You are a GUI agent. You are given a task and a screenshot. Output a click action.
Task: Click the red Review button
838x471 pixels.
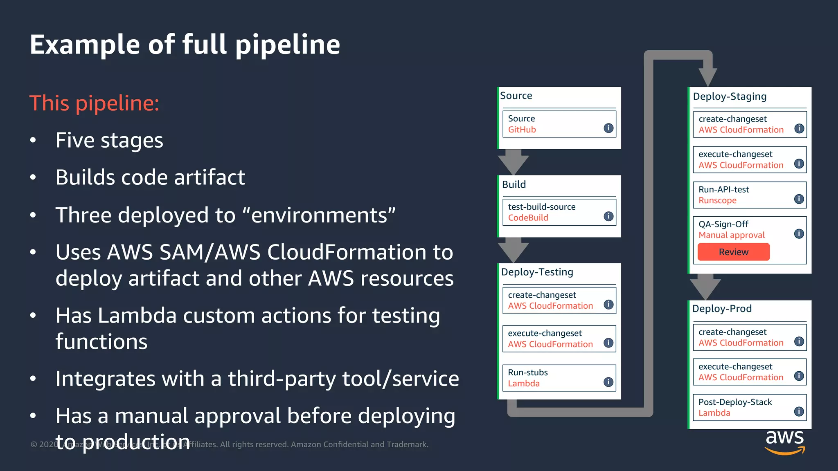click(733, 252)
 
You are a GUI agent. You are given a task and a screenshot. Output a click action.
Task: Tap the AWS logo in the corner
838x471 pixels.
click(784, 442)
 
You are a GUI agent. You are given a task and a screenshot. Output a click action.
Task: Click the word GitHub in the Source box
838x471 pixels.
click(522, 130)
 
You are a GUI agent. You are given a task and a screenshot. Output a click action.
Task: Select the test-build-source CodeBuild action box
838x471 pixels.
click(559, 212)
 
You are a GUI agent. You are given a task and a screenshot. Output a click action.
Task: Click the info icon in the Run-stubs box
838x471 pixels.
click(608, 382)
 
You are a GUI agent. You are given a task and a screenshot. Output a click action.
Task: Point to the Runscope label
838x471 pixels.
click(717, 200)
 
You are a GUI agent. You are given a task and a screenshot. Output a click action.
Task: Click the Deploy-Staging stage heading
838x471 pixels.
click(730, 96)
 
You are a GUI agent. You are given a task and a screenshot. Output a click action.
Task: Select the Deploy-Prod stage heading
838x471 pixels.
click(722, 309)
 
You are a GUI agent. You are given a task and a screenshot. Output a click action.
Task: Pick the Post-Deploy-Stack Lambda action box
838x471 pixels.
click(749, 407)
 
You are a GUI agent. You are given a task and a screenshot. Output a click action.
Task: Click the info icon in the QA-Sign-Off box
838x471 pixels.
click(799, 234)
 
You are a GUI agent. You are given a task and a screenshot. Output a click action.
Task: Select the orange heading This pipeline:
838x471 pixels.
click(94, 103)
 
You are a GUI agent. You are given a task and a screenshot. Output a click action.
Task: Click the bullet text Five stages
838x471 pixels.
click(109, 140)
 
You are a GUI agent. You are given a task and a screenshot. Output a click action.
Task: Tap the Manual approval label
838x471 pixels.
click(731, 235)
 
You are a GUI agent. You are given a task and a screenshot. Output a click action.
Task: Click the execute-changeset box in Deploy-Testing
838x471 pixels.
click(559, 339)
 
